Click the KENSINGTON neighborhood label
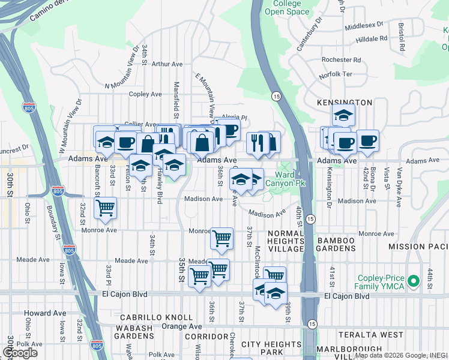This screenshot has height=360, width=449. (x=345, y=103)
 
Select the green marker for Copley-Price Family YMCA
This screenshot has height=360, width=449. (x=412, y=281)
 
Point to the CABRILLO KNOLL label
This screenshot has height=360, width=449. (x=156, y=317)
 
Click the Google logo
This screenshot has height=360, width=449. (x=20, y=353)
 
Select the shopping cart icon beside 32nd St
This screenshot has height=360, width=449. (x=106, y=208)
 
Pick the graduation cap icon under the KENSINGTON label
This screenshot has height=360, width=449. (x=343, y=114)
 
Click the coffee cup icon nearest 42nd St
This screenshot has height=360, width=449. (x=367, y=141)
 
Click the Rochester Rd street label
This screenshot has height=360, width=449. (x=341, y=60)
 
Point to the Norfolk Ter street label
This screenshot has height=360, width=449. (x=336, y=74)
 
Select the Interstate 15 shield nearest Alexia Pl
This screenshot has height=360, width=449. (x=276, y=96)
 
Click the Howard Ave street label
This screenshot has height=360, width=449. (x=46, y=313)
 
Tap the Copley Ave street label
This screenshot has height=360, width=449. (x=146, y=94)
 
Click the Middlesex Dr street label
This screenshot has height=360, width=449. (x=364, y=26)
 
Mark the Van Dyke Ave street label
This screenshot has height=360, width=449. (x=399, y=186)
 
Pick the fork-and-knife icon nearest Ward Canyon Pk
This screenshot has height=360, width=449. (x=256, y=142)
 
